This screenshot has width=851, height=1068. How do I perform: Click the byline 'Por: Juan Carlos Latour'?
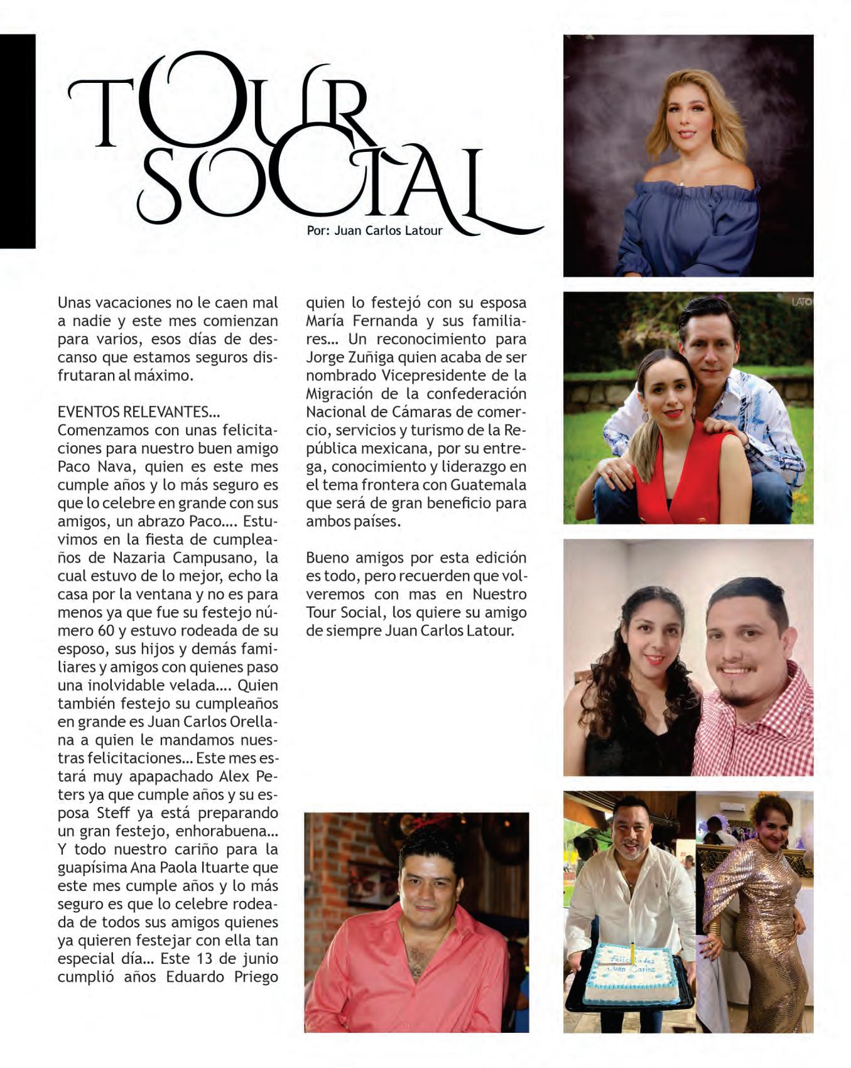[x=374, y=230]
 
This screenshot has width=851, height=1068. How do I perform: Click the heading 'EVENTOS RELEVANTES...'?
[x=139, y=412]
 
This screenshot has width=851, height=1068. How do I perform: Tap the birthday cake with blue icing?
[x=630, y=973]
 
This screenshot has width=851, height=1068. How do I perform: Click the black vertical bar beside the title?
[x=17, y=141]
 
